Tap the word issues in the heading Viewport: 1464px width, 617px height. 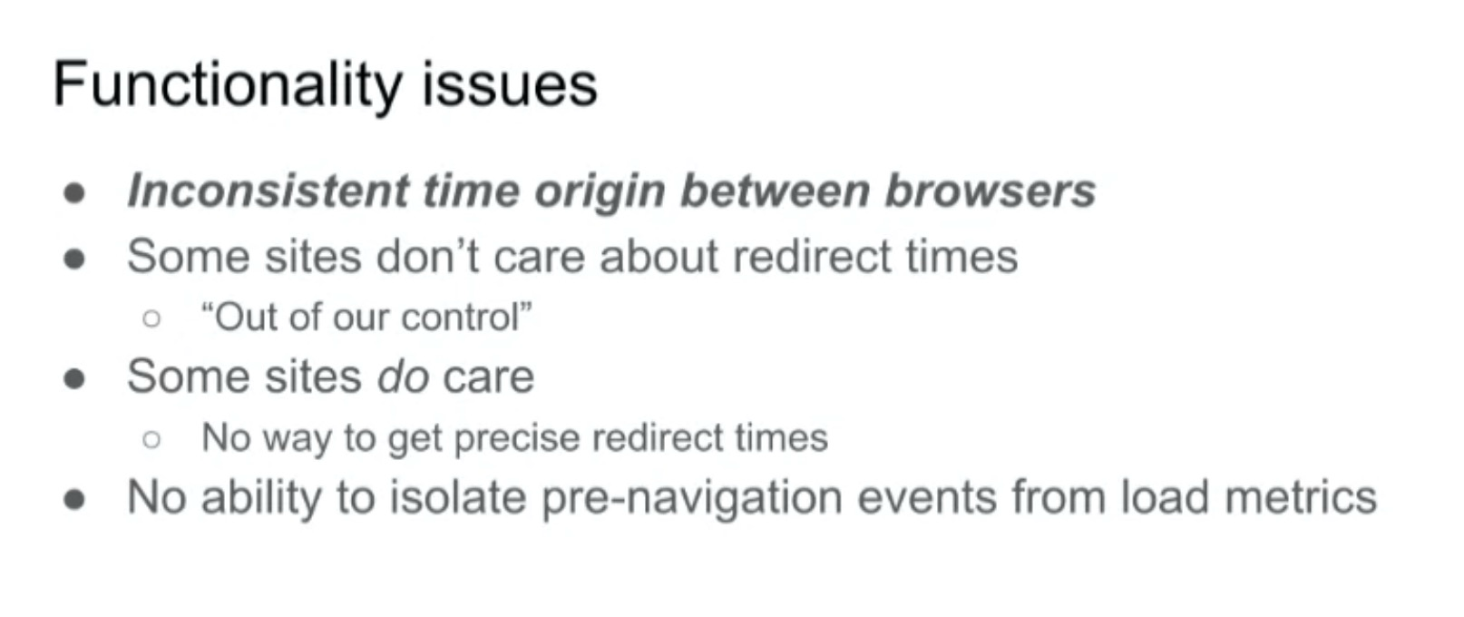coord(510,85)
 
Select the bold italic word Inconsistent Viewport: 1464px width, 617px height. coord(268,191)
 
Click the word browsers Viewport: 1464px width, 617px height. coord(990,191)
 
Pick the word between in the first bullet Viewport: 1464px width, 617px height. coord(776,191)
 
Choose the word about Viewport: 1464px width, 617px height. coord(659,256)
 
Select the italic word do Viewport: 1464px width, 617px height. coord(404,377)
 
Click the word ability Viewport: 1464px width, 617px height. coord(261,498)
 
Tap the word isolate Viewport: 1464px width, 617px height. coord(458,497)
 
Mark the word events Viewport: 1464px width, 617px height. coord(927,498)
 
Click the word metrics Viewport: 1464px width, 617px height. coord(1301,497)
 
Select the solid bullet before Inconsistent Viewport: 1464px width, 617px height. coord(74,192)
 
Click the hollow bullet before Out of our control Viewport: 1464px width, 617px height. coord(151,318)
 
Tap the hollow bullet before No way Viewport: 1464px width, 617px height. coord(151,439)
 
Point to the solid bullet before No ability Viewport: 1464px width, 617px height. coord(74,499)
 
